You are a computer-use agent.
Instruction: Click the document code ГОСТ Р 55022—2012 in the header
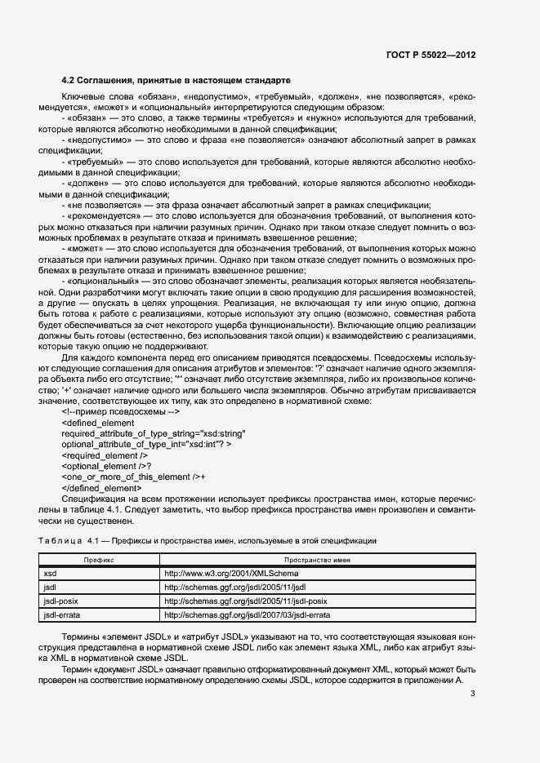(x=430, y=55)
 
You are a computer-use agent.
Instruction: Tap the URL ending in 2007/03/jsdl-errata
(x=247, y=614)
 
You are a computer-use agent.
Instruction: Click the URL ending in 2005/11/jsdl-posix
(x=246, y=601)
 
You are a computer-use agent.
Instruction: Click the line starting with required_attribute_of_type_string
(x=153, y=433)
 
